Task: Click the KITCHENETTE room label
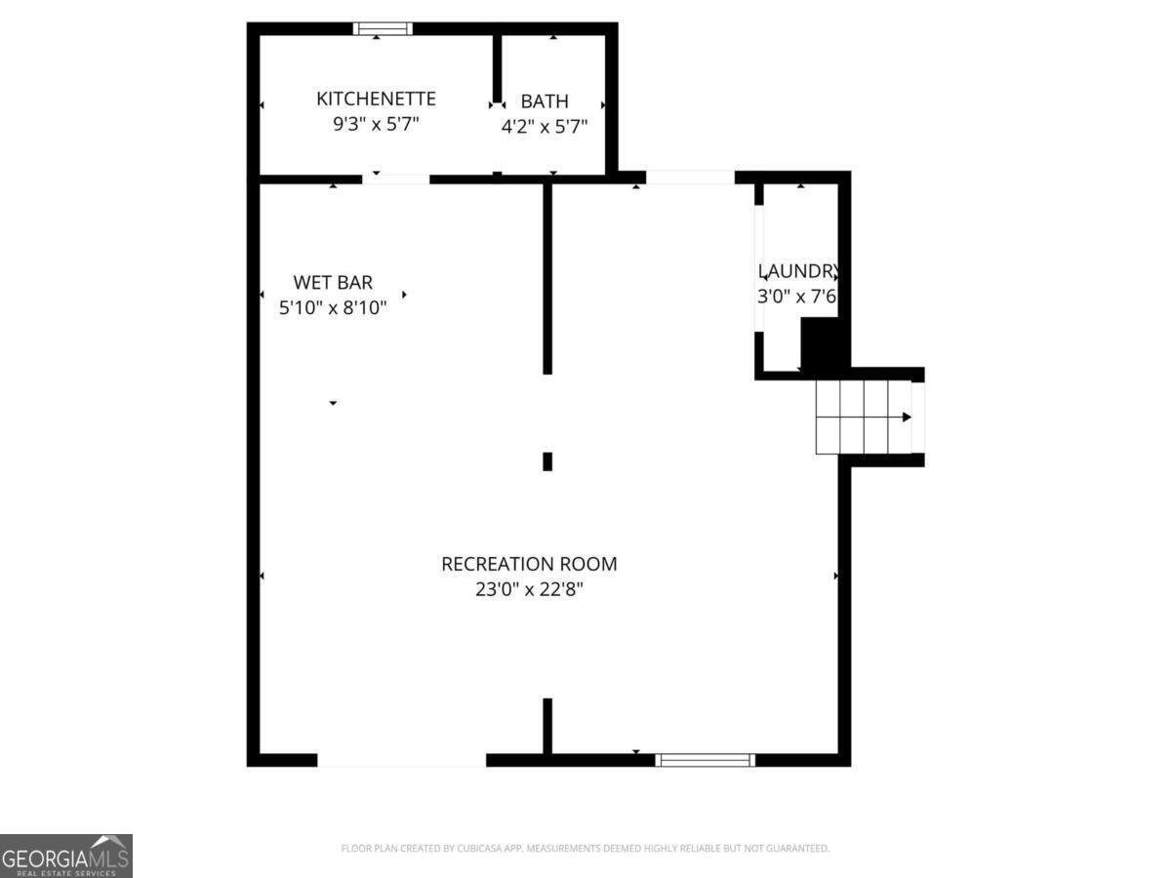(x=376, y=99)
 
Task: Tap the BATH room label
(x=544, y=101)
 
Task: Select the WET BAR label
(x=333, y=283)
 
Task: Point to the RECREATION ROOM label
(x=529, y=564)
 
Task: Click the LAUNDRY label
(x=797, y=271)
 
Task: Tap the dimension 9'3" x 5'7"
(x=376, y=124)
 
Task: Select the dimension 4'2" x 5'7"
(x=544, y=126)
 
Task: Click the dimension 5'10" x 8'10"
(x=333, y=307)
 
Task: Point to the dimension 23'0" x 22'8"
(x=529, y=589)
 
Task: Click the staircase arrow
(x=907, y=417)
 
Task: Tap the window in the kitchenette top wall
(x=383, y=28)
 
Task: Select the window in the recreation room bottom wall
(x=705, y=759)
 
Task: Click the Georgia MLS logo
(x=65, y=855)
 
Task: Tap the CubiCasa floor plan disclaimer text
(x=585, y=848)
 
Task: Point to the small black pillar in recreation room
(x=547, y=460)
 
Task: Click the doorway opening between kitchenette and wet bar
(x=396, y=180)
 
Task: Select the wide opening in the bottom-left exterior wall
(x=401, y=759)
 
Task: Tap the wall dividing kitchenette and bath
(x=497, y=68)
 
